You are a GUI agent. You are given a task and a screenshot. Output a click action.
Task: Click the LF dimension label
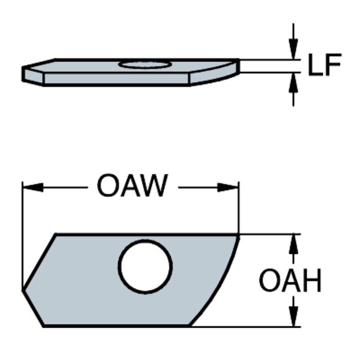pyautogui.click(x=325, y=65)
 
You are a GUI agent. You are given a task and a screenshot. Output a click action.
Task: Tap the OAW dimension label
pyautogui.click(x=132, y=187)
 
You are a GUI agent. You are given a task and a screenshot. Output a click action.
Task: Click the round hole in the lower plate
pyautogui.click(x=145, y=267)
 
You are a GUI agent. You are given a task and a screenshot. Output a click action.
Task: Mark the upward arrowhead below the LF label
pyautogui.click(x=293, y=81)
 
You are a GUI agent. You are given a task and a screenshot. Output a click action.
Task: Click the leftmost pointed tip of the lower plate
pyautogui.click(x=23, y=290)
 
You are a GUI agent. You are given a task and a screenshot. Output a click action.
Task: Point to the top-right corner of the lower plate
pyautogui.click(x=239, y=235)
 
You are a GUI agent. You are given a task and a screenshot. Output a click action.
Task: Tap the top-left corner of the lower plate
pyautogui.click(x=56, y=235)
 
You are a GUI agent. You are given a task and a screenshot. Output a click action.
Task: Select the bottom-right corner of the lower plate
pyautogui.click(x=190, y=326)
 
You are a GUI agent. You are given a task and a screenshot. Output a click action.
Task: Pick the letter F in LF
pyautogui.click(x=334, y=65)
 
